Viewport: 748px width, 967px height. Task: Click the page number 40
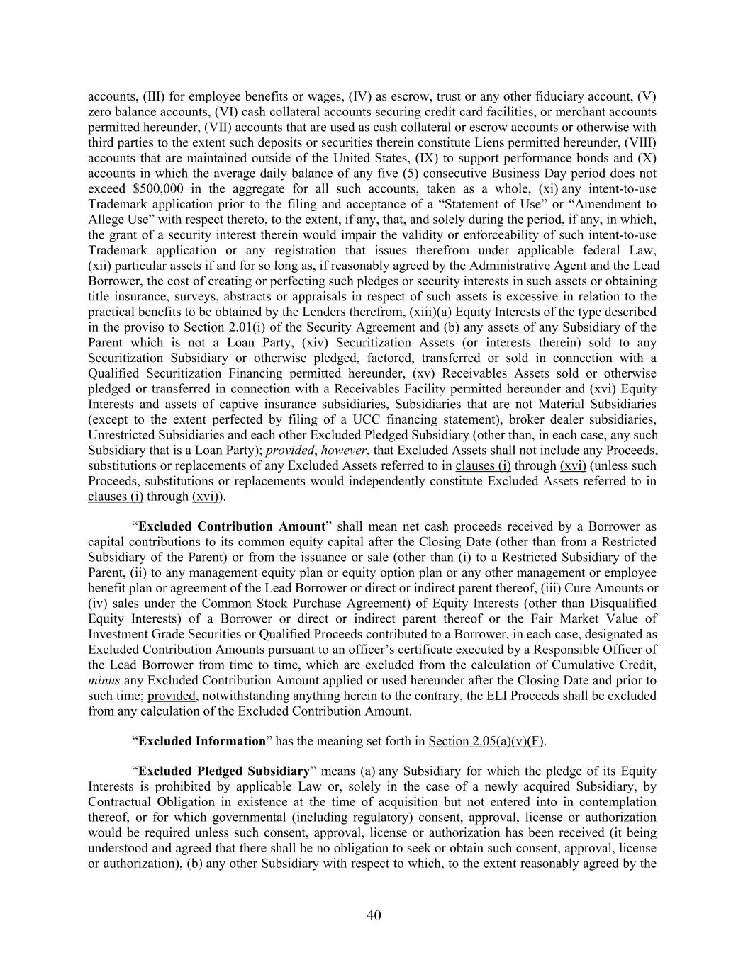[374, 915]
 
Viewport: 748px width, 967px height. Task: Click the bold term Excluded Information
[201, 741]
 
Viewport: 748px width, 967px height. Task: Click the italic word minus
[101, 680]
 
